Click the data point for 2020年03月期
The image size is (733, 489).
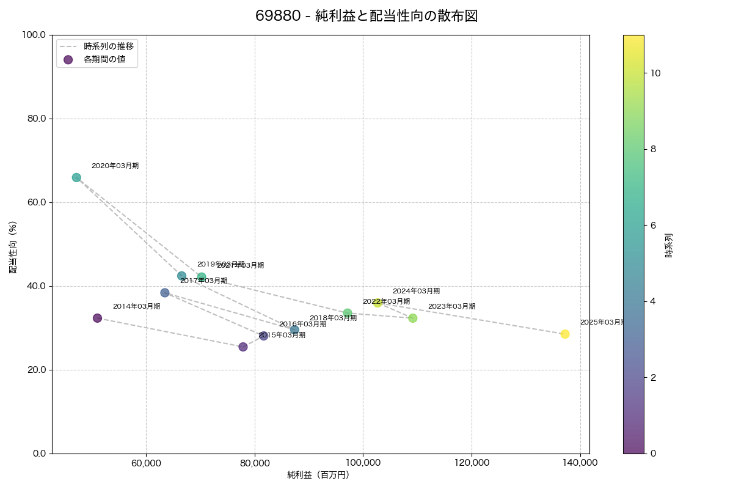point(76,177)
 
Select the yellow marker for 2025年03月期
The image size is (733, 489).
point(565,334)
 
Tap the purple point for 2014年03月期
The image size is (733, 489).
point(97,318)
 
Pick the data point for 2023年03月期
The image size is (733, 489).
point(413,318)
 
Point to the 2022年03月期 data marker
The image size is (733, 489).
point(348,313)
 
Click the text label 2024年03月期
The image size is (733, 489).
point(416,292)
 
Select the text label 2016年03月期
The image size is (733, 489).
point(302,325)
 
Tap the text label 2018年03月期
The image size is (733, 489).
point(333,318)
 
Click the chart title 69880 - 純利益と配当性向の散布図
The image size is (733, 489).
point(366,17)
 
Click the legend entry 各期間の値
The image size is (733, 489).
point(104,59)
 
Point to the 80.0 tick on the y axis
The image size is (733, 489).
point(38,119)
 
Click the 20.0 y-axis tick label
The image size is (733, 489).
point(38,370)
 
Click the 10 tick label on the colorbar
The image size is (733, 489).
point(656,73)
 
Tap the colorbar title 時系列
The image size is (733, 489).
point(669,244)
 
